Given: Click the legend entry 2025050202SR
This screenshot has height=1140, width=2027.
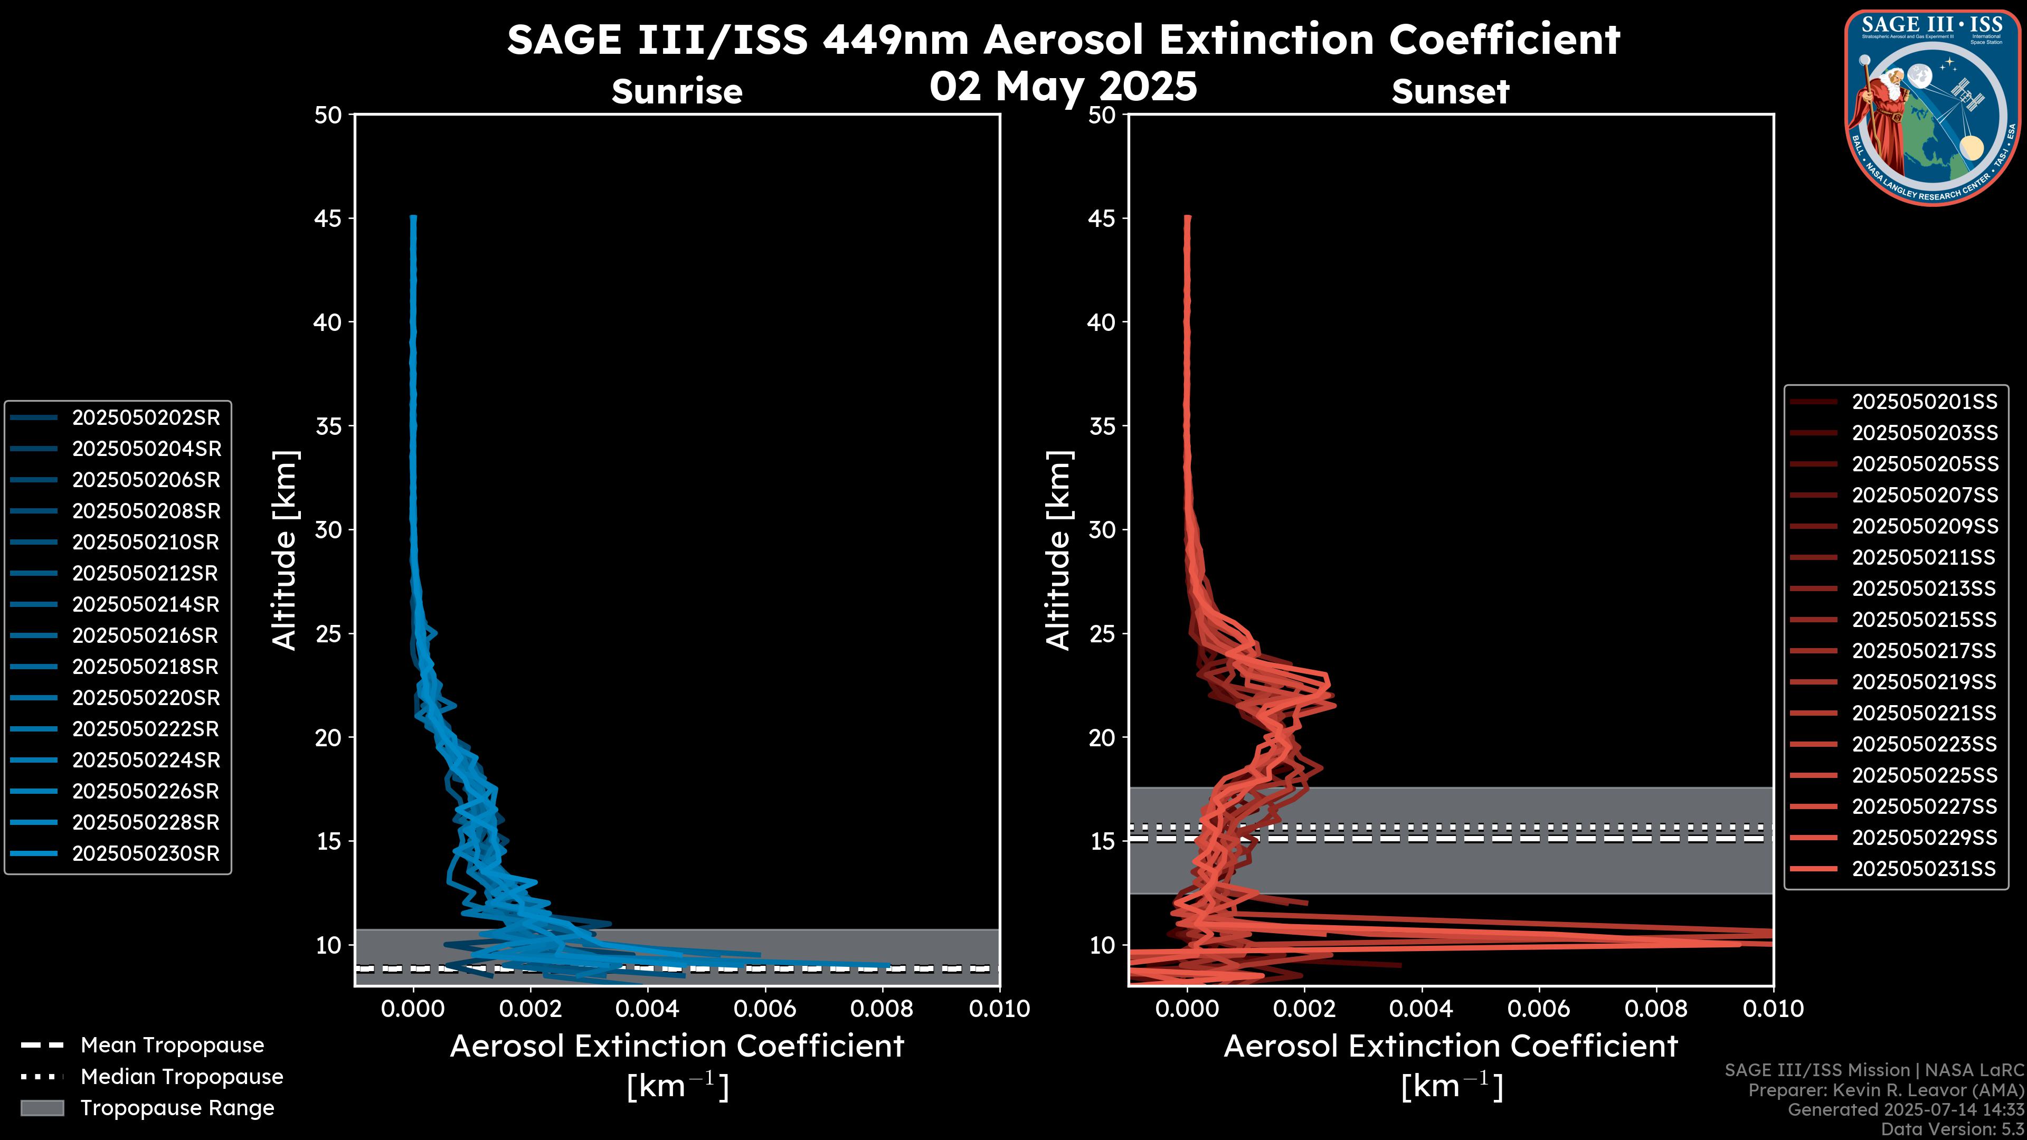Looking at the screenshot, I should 146,418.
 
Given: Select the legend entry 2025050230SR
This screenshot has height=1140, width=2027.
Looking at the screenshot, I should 146,853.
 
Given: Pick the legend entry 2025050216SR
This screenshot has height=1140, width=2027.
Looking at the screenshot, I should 146,635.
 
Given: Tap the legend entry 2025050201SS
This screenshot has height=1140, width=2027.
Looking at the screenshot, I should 1924,402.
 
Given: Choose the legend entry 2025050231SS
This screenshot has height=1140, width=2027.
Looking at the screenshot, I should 1924,869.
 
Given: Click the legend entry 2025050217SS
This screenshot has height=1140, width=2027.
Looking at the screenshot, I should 1924,651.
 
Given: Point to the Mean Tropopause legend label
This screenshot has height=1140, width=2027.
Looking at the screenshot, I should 172,1046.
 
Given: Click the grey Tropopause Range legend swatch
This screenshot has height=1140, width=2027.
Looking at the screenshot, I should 42,1108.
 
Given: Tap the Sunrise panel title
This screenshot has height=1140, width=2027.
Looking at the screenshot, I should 677,91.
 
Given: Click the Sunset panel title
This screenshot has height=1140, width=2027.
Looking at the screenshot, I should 1450,91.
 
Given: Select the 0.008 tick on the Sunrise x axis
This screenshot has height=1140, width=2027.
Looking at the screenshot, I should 882,1009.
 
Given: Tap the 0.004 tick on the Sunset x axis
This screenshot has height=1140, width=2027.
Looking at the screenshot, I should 1422,1009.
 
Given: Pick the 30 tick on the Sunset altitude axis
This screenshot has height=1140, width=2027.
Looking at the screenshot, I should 1102,530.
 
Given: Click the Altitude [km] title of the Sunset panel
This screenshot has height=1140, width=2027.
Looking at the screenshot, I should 1058,550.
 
